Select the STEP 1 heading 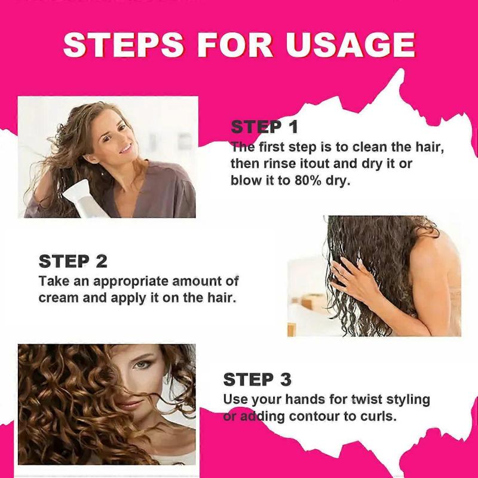pos(264,127)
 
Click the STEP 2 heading pos(73,261)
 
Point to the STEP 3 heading pos(257,379)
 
